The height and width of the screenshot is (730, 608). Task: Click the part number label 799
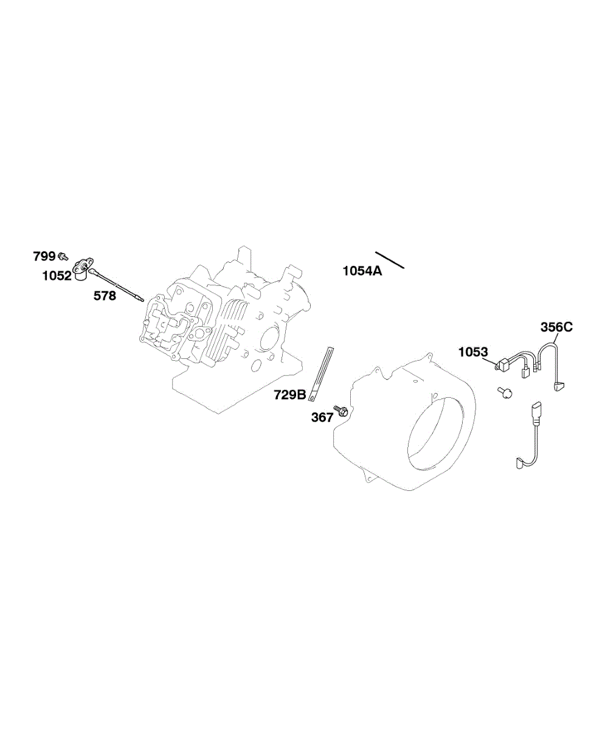click(x=44, y=257)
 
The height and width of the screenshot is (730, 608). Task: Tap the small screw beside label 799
click(x=63, y=257)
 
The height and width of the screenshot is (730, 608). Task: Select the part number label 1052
click(x=57, y=276)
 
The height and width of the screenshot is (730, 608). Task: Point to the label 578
click(x=105, y=296)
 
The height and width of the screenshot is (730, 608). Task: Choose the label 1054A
click(x=362, y=271)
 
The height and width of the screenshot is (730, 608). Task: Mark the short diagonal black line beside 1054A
click(x=390, y=260)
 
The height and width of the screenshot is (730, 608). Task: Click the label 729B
click(x=290, y=395)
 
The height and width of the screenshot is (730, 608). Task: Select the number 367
click(x=322, y=417)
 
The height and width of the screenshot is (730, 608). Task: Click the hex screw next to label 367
click(x=340, y=411)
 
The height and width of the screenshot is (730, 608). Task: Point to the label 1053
click(x=473, y=352)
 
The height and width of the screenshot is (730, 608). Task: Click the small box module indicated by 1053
click(x=502, y=365)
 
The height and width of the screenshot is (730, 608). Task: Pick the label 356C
click(x=556, y=327)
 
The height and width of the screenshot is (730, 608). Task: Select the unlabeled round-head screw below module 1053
click(x=504, y=392)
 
